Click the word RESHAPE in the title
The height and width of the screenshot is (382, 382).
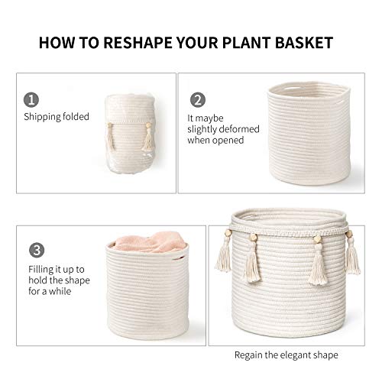(138, 43)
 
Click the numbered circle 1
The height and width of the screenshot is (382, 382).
(31, 100)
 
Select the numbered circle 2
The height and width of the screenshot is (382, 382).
(198, 100)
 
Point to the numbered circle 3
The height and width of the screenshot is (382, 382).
(37, 250)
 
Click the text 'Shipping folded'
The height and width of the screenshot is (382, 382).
(57, 117)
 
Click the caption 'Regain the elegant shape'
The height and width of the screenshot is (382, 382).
(286, 354)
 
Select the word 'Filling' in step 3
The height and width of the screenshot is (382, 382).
(40, 269)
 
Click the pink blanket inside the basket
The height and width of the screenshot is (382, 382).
(151, 242)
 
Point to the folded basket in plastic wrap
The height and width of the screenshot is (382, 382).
(131, 134)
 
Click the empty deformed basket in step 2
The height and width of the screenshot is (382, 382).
(309, 133)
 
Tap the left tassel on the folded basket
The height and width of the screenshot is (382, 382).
(111, 137)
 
